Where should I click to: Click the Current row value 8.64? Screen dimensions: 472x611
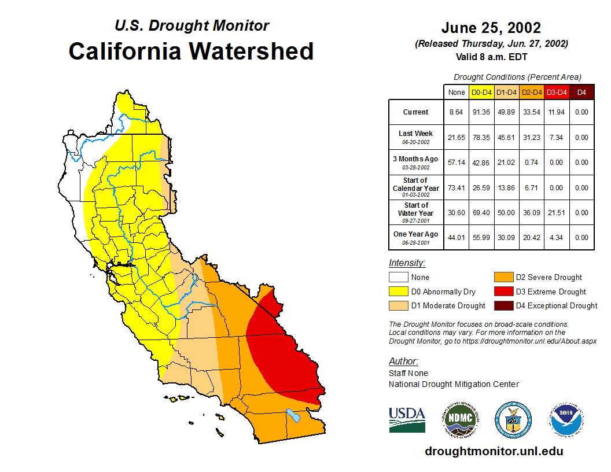(x=457, y=112)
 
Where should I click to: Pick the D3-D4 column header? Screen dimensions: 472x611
(x=557, y=92)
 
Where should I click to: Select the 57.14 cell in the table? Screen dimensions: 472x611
(x=457, y=163)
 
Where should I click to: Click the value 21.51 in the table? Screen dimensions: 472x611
(x=557, y=213)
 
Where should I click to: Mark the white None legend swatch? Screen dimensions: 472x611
(x=397, y=277)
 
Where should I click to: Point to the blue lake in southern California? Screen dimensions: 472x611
(x=293, y=415)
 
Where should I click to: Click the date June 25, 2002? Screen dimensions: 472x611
(x=491, y=28)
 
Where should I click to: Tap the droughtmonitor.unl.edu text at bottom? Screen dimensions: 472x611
(x=494, y=451)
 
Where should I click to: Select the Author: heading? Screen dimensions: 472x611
(x=403, y=362)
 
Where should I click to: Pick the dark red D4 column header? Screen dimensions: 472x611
(x=581, y=92)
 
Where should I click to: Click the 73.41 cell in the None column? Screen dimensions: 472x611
(x=457, y=188)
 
